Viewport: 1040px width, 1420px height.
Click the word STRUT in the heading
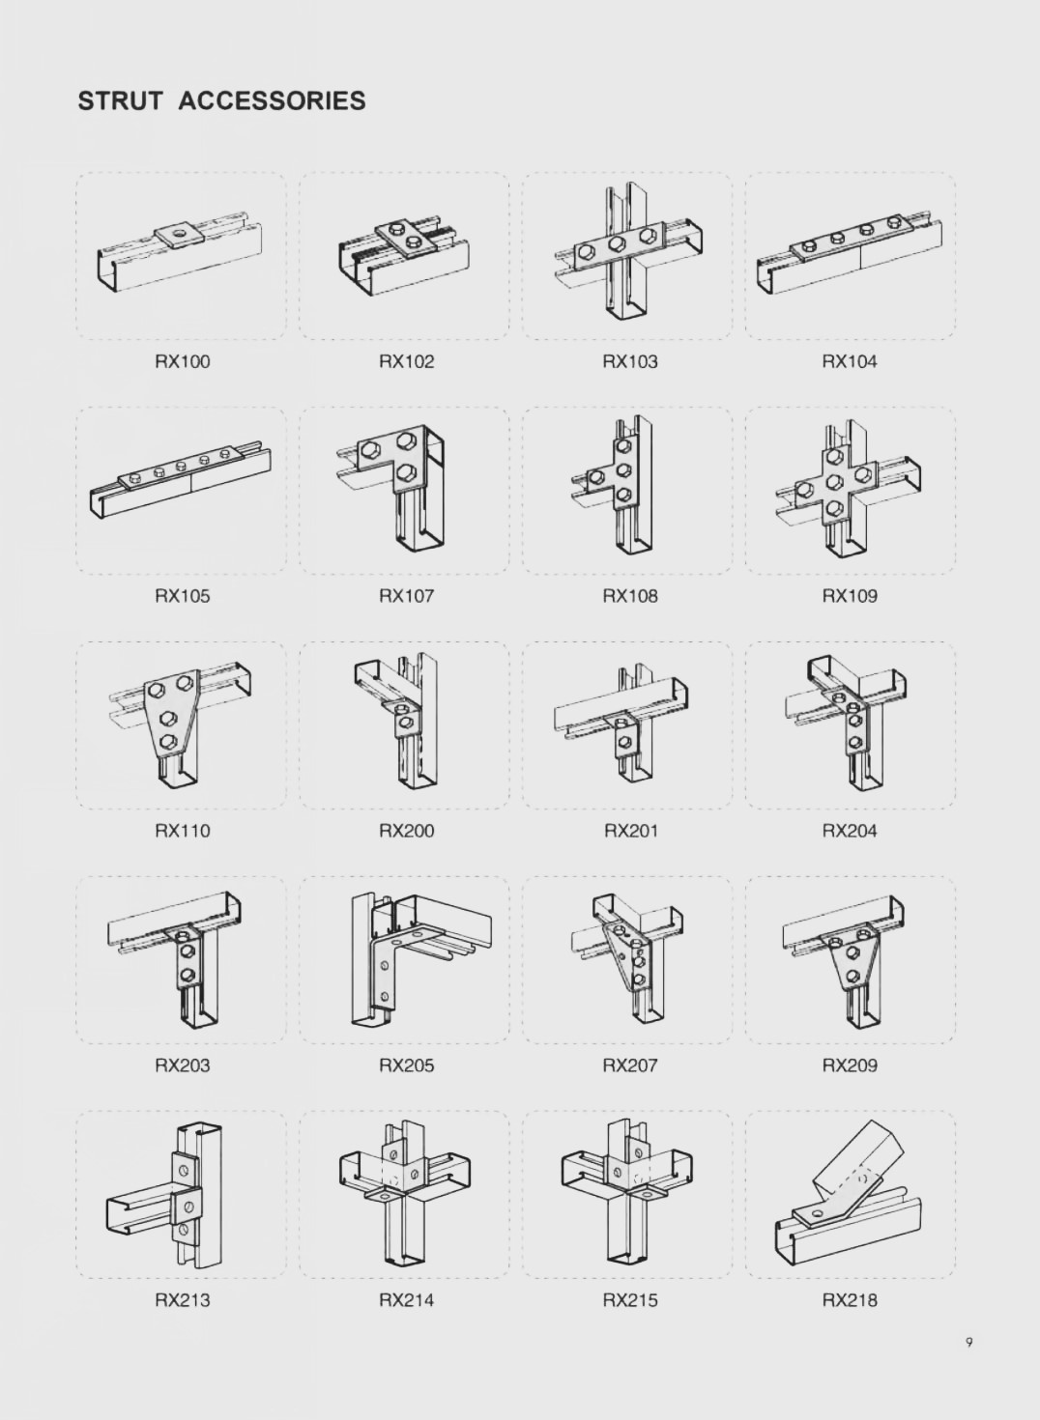119,101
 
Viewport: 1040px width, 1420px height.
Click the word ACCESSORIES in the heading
272,101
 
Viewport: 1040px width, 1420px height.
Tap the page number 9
968,1342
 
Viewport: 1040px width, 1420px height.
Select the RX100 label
182,362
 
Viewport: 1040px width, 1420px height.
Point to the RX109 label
850,597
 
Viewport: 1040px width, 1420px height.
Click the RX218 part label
850,1300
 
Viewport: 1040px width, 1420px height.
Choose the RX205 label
407,1065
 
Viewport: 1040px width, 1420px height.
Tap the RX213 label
182,1300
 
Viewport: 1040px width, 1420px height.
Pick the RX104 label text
850,362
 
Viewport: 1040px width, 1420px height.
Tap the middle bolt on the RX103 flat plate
615,244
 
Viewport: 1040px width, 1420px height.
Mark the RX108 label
630,597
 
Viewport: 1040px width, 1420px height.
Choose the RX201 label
631,831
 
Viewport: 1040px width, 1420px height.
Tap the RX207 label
630,1065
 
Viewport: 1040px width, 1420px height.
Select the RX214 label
407,1300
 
